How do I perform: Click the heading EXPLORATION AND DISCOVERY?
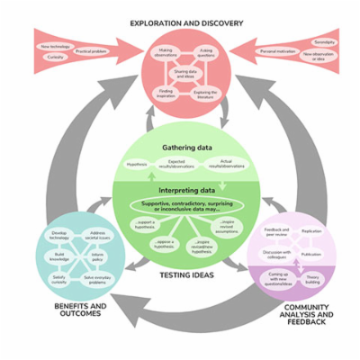[179, 22]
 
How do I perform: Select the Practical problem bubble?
[90, 52]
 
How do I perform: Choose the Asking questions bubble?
[206, 52]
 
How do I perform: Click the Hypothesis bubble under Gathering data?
[137, 165]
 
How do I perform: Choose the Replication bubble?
[310, 232]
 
